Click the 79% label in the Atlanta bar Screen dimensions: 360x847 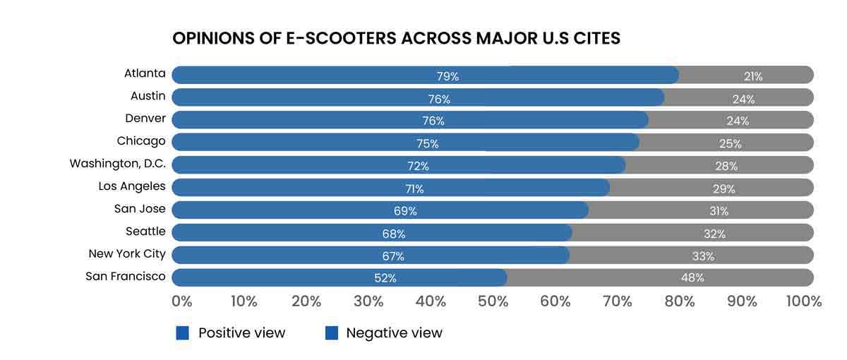pos(448,76)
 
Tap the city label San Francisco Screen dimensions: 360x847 pos(126,277)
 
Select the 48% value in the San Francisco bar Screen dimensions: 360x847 pos(692,277)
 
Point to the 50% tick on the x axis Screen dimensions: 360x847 pos(493,301)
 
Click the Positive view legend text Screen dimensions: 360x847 pos(242,333)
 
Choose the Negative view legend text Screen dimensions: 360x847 pos(394,333)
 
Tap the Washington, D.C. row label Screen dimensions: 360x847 pos(118,164)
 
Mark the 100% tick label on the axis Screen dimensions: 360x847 pos(803,301)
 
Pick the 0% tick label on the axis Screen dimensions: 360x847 pos(181,301)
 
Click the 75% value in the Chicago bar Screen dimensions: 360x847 pos(427,144)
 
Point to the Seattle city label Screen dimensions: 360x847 pos(146,232)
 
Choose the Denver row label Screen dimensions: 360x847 pos(145,119)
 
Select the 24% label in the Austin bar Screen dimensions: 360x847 pos(743,99)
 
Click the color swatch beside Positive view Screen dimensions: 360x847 pos(183,333)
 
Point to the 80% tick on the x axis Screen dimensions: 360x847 pos(680,301)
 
